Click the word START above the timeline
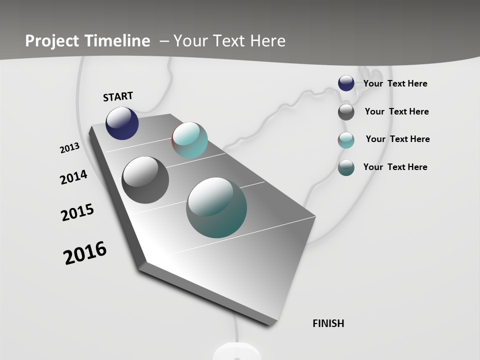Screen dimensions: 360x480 pyautogui.click(x=118, y=96)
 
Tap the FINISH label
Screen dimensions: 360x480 pyautogui.click(x=328, y=323)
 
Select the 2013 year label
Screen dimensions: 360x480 pyautogui.click(x=69, y=148)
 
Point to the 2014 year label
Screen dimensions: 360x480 pyautogui.click(x=73, y=177)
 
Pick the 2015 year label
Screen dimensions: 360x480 pyautogui.click(x=77, y=212)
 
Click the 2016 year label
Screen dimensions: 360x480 pyautogui.click(x=85, y=253)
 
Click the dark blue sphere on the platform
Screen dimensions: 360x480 pyautogui.click(x=122, y=123)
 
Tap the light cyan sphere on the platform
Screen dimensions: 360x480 pyautogui.click(x=189, y=140)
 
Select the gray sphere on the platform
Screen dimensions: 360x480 pyautogui.click(x=145, y=179)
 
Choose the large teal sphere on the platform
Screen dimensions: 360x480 pyautogui.click(x=216, y=207)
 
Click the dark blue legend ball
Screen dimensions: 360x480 pyautogui.click(x=346, y=83)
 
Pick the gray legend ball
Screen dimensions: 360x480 pyautogui.click(x=346, y=112)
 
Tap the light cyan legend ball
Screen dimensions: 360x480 pyautogui.click(x=346, y=140)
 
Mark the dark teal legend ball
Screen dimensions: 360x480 pyautogui.click(x=346, y=167)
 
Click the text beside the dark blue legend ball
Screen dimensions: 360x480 pyautogui.click(x=395, y=83)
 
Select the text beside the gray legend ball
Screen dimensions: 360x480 pyautogui.click(x=396, y=111)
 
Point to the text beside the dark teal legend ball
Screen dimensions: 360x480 pyautogui.click(x=395, y=167)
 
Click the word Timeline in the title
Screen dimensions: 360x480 pyautogui.click(x=117, y=41)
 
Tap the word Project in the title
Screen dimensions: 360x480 pyautogui.click(x=50, y=41)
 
